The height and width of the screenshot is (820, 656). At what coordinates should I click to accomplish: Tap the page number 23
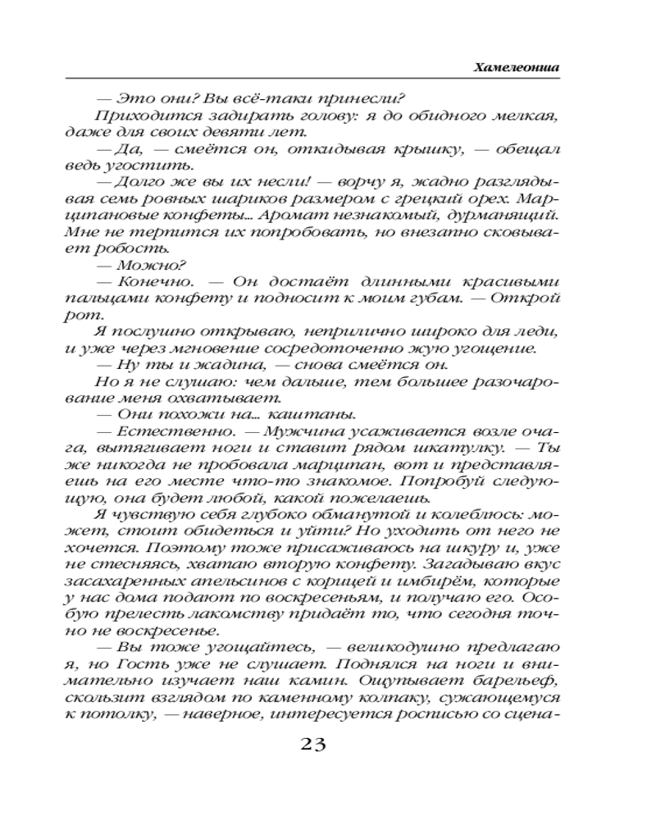click(x=313, y=745)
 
